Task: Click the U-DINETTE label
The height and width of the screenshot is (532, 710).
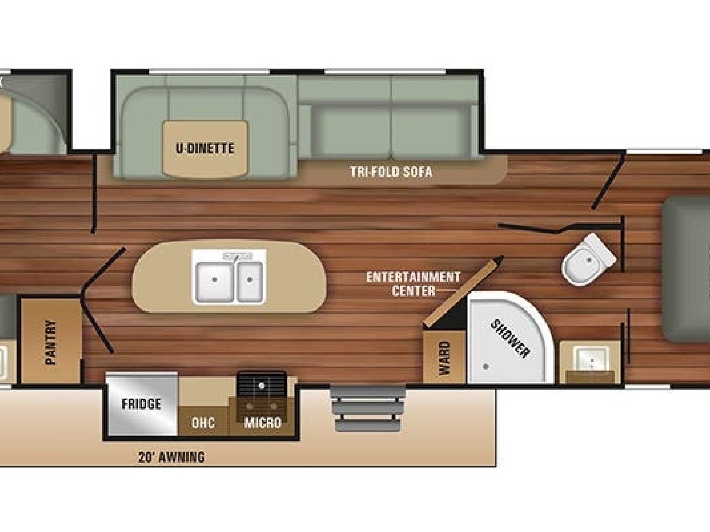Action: coord(204,149)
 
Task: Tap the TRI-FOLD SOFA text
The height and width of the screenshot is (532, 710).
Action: coord(391,172)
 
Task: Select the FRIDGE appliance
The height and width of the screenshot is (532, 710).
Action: coord(141,404)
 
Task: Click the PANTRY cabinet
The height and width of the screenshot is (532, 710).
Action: coord(51,340)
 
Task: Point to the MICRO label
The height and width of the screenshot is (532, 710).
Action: coord(263,423)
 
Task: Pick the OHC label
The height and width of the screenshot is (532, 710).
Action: coord(203,423)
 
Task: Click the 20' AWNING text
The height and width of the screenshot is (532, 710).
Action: coord(172,457)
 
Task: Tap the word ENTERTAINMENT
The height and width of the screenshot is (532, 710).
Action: coord(413,277)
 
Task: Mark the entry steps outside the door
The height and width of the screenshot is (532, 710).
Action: coord(367,407)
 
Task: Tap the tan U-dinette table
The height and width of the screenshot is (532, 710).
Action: coord(205,148)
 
